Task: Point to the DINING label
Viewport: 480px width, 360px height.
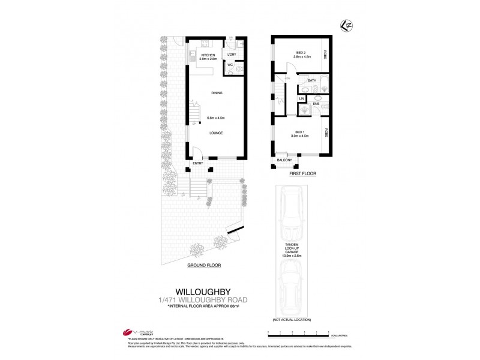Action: click(217, 93)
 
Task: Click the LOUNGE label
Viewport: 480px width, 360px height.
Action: click(217, 133)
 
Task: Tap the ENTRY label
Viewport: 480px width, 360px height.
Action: click(198, 163)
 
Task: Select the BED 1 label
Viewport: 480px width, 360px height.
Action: click(301, 133)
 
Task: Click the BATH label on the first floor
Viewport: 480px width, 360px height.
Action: click(312, 80)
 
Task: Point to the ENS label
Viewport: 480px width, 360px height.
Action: click(316, 104)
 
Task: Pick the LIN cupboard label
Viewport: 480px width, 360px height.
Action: click(302, 98)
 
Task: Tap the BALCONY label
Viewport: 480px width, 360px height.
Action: click(284, 160)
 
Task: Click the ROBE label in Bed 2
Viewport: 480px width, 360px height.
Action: click(325, 54)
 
